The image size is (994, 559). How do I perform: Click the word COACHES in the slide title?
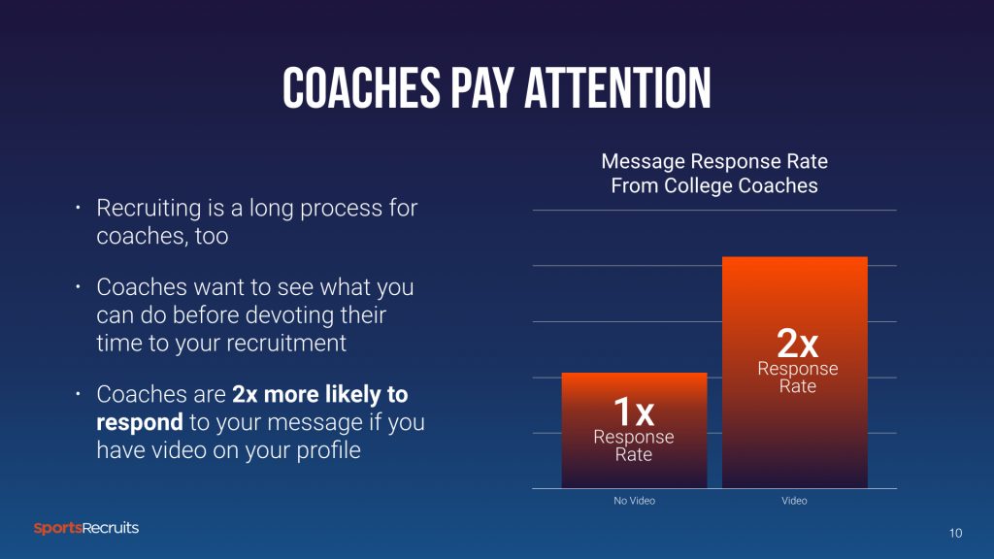pyautogui.click(x=361, y=88)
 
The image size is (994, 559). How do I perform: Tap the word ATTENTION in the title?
pyautogui.click(x=617, y=88)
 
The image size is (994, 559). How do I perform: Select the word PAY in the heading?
pyautogui.click(x=481, y=88)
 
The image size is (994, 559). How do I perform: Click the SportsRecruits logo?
pyautogui.click(x=86, y=528)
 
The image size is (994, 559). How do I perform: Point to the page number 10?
pyautogui.click(x=955, y=533)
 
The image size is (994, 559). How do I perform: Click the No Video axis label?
pyautogui.click(x=634, y=501)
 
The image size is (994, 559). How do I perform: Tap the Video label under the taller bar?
pyautogui.click(x=794, y=501)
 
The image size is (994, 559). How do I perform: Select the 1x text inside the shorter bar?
pyautogui.click(x=633, y=411)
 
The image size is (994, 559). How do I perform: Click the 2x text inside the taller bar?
pyautogui.click(x=798, y=344)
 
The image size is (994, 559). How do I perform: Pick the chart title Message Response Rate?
pyautogui.click(x=714, y=161)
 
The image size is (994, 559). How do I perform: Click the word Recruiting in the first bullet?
pyautogui.click(x=149, y=209)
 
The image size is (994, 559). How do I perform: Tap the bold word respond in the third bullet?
pyautogui.click(x=140, y=423)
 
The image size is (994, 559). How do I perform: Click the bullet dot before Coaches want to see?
pyautogui.click(x=78, y=287)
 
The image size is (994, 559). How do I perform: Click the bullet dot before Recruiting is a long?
pyautogui.click(x=78, y=208)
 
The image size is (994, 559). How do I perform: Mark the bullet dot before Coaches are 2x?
pyautogui.click(x=78, y=394)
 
